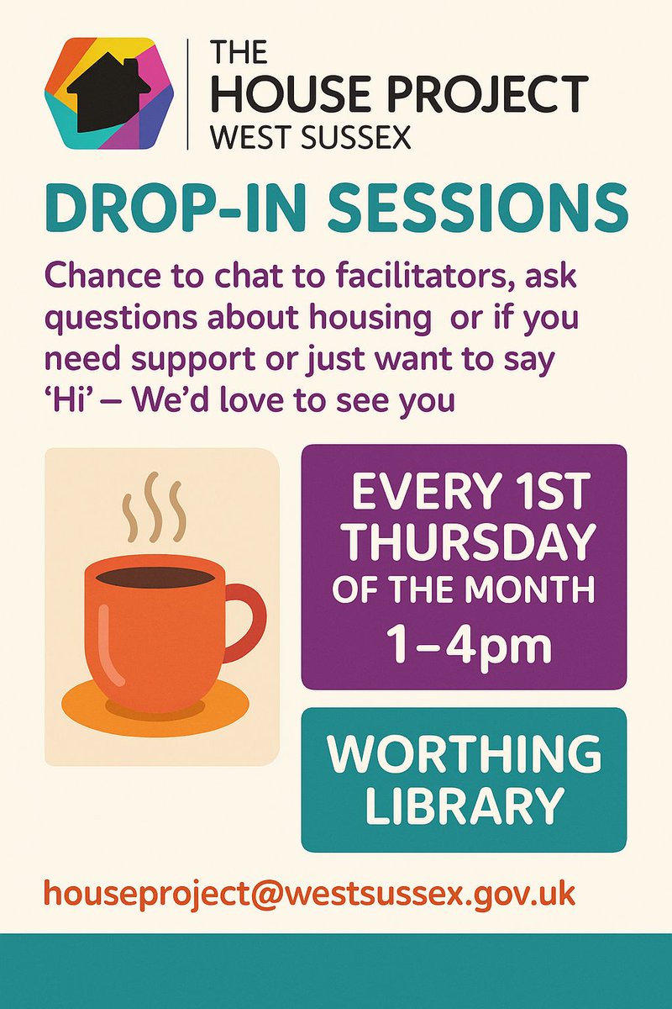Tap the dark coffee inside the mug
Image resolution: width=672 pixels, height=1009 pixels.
point(155,578)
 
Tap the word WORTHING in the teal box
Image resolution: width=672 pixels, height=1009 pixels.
point(464,754)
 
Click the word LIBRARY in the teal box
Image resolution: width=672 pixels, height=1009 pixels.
point(464,806)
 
